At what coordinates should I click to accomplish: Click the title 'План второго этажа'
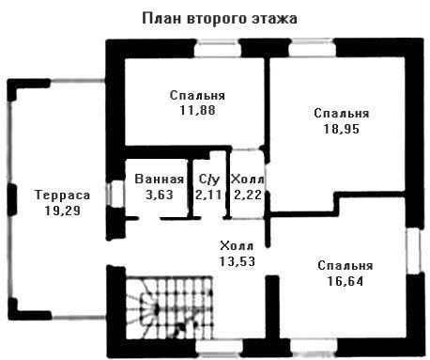click(220, 19)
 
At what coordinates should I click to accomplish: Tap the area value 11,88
click(197, 110)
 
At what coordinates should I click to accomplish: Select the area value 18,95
click(342, 129)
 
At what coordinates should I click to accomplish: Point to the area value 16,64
click(346, 281)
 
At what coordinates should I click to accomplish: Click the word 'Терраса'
click(63, 195)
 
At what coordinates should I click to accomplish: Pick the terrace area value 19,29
click(63, 211)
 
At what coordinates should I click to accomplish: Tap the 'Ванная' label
click(160, 179)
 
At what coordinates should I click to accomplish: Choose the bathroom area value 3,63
click(160, 195)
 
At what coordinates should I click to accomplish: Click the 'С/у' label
click(209, 180)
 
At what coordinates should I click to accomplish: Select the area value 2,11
click(208, 195)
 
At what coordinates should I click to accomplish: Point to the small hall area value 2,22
click(247, 195)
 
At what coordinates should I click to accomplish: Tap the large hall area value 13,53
click(237, 261)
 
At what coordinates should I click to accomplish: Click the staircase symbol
click(169, 307)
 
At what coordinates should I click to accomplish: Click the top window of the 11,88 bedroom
click(218, 49)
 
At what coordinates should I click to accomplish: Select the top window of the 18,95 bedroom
click(312, 48)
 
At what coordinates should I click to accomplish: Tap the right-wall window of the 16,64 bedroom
click(415, 251)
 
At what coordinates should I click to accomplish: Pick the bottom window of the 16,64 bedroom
click(314, 348)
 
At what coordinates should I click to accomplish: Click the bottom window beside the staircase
click(220, 349)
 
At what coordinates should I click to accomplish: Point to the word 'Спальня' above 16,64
click(346, 266)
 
